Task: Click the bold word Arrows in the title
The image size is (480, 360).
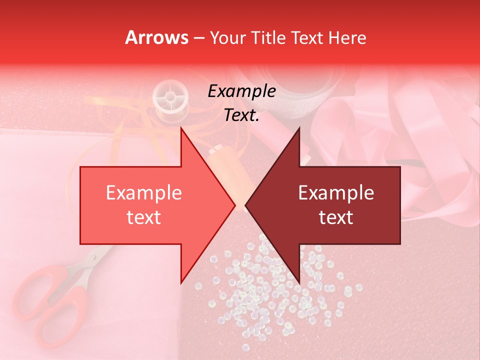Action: [x=156, y=37]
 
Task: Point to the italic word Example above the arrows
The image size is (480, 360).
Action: [x=241, y=91]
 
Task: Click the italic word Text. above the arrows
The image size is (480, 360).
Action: [x=241, y=115]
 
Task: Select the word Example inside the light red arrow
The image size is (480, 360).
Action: [x=143, y=193]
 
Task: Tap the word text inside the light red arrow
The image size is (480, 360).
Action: [x=143, y=217]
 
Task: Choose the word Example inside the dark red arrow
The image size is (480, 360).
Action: [x=336, y=193]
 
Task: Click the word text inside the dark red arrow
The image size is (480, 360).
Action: [x=336, y=217]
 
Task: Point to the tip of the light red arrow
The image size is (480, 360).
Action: [x=235, y=205]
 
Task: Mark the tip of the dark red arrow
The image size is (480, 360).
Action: [x=246, y=205]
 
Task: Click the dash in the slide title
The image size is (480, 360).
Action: [x=198, y=38]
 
